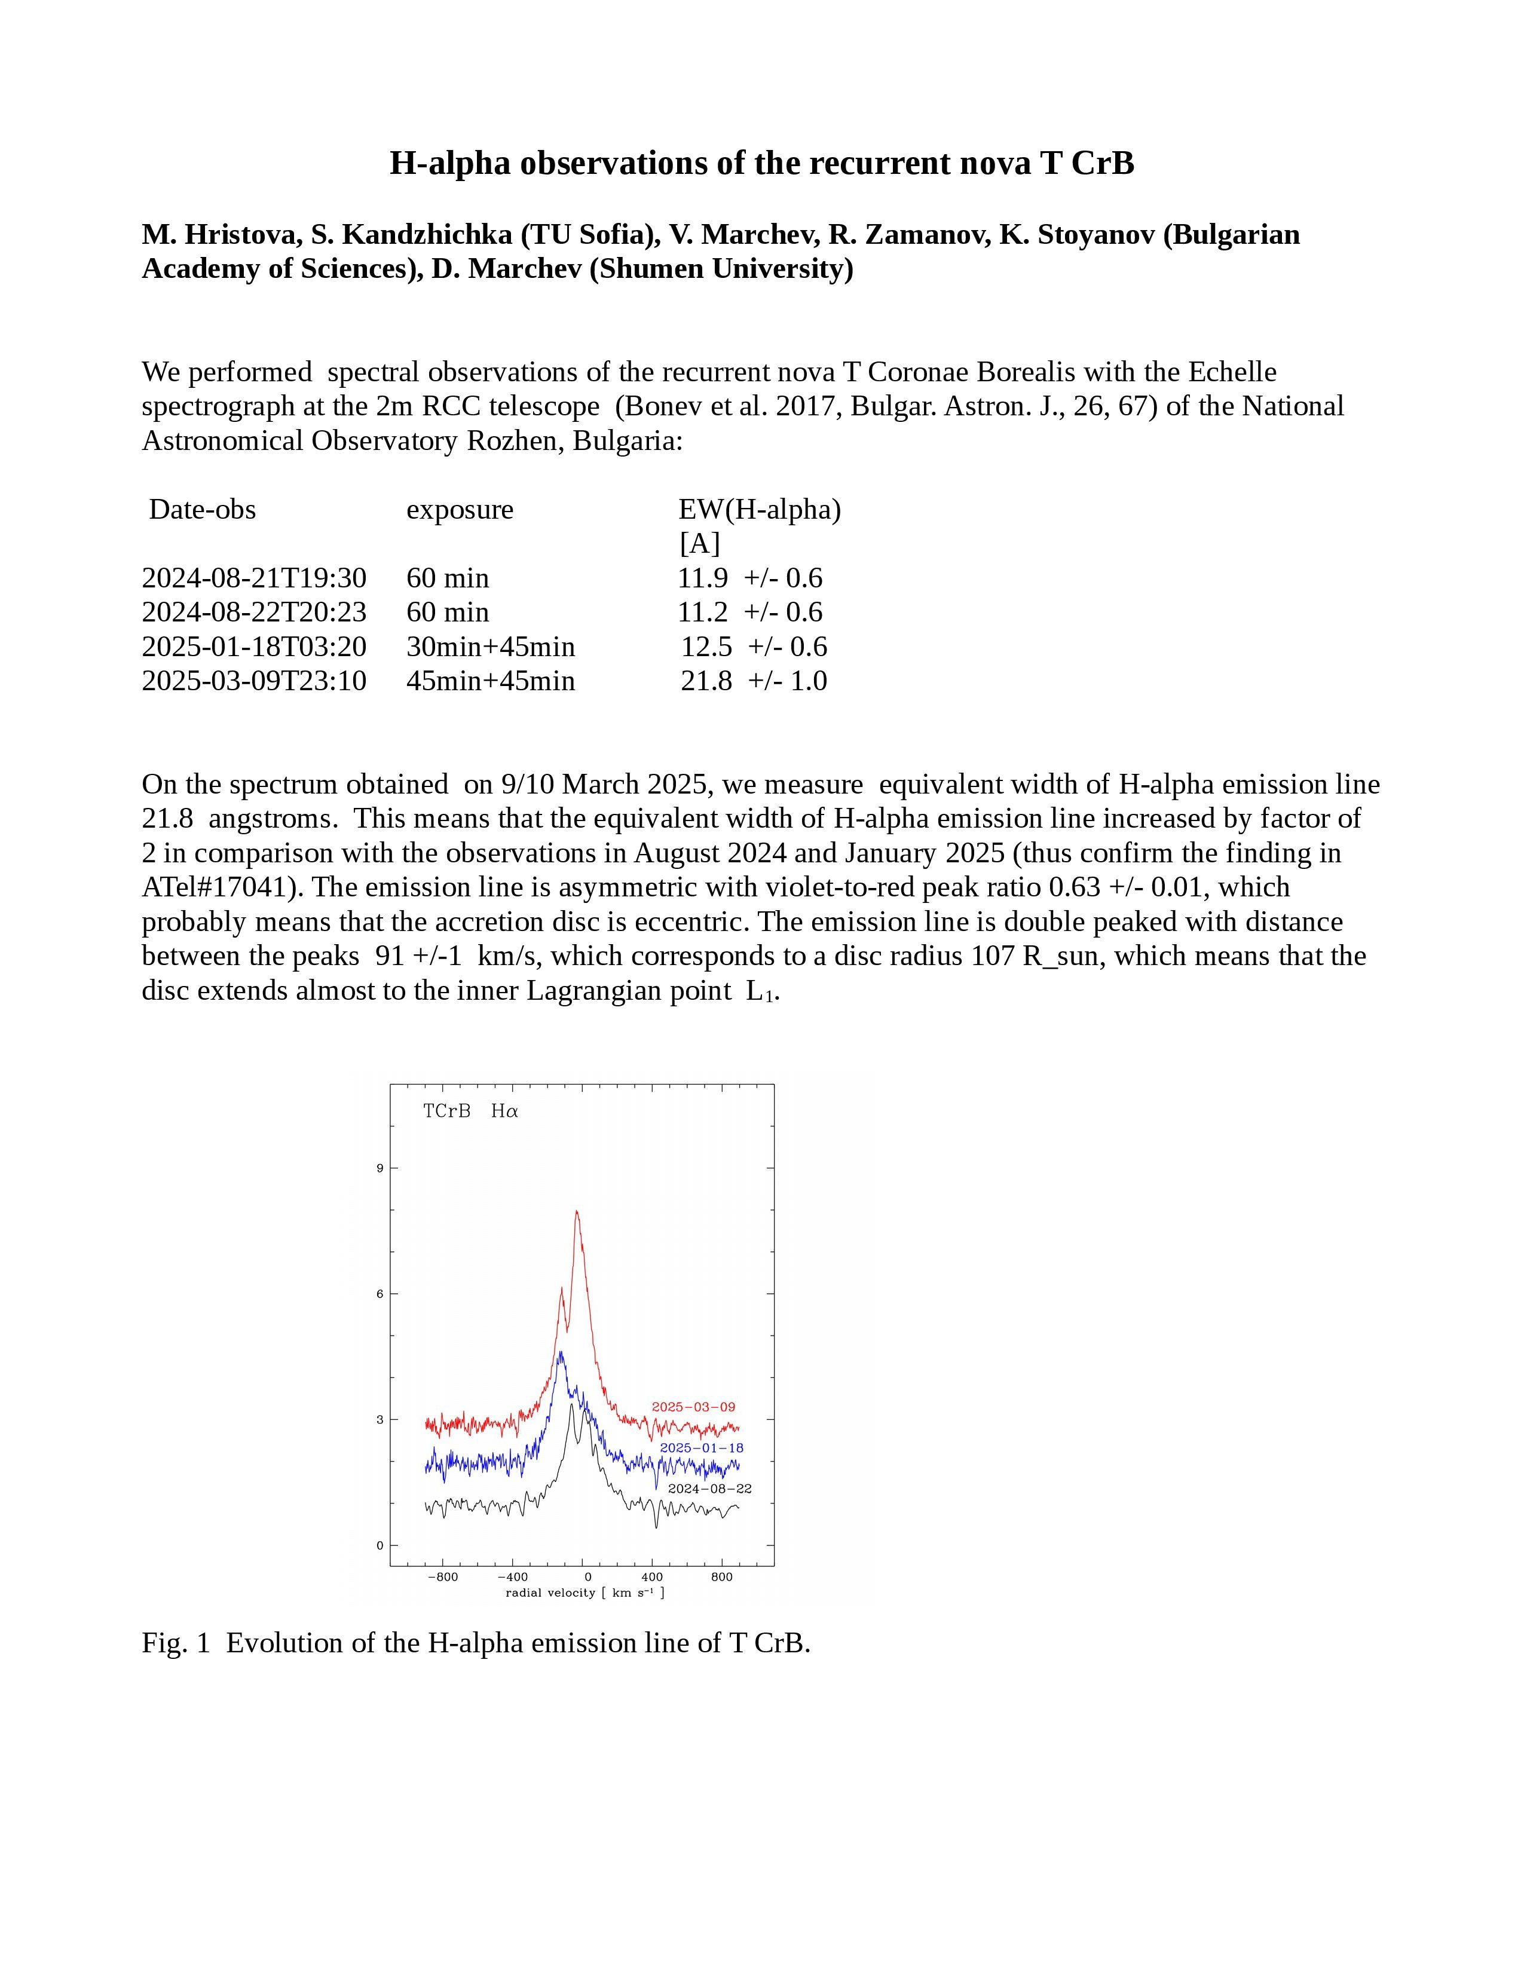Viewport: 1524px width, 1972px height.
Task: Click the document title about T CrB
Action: pyautogui.click(x=761, y=163)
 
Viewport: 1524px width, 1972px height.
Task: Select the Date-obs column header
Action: pyautogui.click(x=202, y=509)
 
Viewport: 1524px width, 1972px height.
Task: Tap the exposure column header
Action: pyautogui.click(x=460, y=509)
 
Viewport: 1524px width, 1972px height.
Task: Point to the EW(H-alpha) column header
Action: pyautogui.click(x=759, y=509)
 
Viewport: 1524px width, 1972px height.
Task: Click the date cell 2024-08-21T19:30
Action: pyautogui.click(x=253, y=578)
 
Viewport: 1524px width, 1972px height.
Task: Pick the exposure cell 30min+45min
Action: pyautogui.click(x=490, y=647)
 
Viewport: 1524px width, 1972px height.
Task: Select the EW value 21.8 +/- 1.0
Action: pyautogui.click(x=754, y=681)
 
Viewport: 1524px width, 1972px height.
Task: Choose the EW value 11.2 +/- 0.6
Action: pyautogui.click(x=750, y=612)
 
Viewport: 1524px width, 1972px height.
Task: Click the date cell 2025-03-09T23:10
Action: pyautogui.click(x=253, y=681)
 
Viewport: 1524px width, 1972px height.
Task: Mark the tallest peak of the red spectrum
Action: pyautogui.click(x=576, y=1212)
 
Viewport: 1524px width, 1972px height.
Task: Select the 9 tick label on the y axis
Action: pyautogui.click(x=380, y=1168)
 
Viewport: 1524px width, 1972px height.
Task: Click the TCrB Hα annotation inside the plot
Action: pyautogui.click(x=470, y=1111)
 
